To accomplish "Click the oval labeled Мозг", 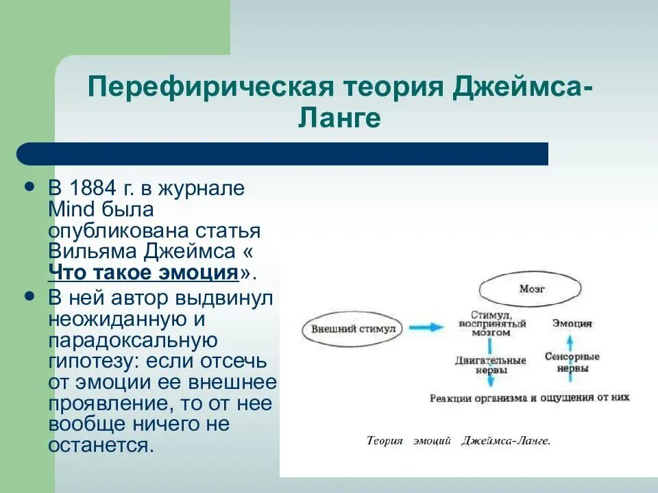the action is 532,289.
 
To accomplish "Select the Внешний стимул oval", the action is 353,328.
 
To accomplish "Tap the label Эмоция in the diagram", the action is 573,323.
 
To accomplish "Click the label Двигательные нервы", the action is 491,364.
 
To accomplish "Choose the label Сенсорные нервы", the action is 572,362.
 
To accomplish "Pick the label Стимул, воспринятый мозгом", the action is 491,323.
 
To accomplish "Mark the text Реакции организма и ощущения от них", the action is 529,397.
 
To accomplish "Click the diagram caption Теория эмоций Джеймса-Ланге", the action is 459,441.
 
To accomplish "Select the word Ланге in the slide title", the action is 339,118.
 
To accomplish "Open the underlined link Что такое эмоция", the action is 143,272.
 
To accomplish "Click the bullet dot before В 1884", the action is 29,187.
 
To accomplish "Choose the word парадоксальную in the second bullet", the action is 134,340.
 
